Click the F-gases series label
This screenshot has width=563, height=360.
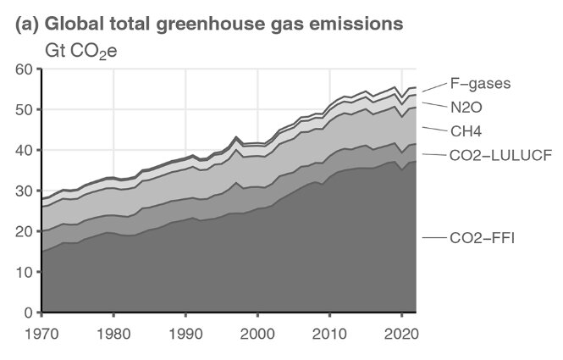pos(480,84)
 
